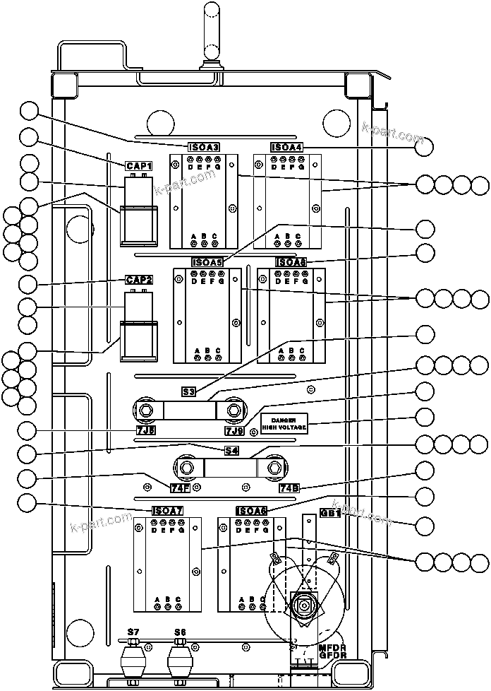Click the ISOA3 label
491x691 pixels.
pos(204,148)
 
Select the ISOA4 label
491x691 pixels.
pos(286,148)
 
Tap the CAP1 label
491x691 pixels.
pos(139,165)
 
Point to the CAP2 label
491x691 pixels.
pos(139,279)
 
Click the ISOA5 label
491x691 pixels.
pos(207,262)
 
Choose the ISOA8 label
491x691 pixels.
pos(291,262)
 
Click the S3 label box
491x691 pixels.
pos(188,391)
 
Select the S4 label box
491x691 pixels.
pos(231,449)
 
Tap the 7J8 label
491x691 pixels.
pos(146,430)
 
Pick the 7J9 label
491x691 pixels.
pos(234,430)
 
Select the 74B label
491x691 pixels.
pos(289,488)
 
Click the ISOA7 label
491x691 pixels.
pos(168,511)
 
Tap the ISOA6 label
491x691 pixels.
pos(252,511)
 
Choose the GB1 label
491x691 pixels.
pos(330,514)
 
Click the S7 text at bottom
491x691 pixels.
pos(132,632)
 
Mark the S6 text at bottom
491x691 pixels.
pos(180,632)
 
